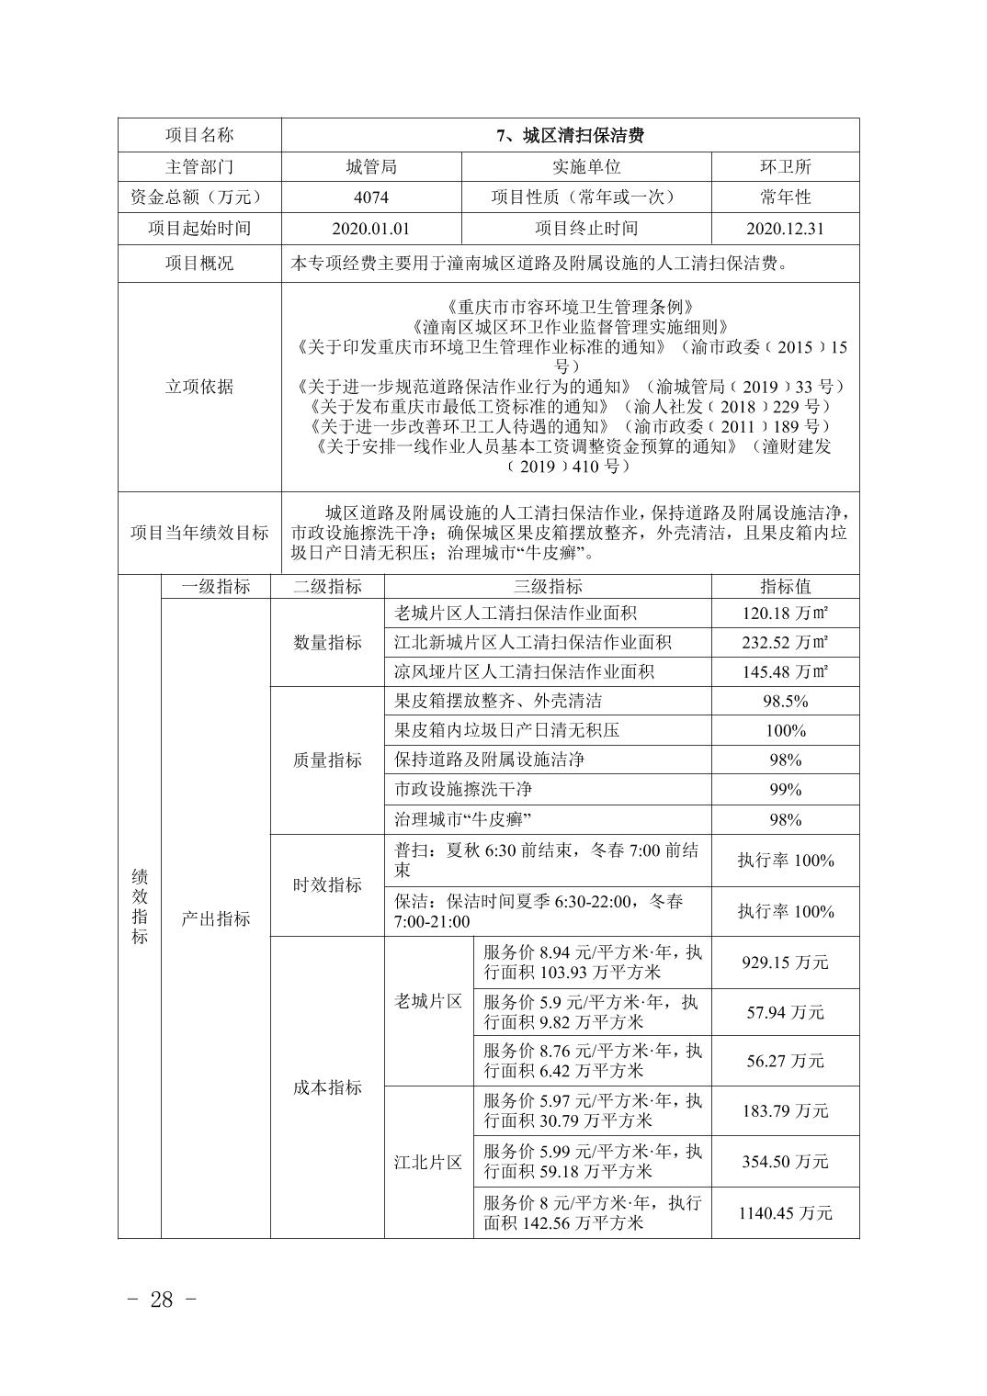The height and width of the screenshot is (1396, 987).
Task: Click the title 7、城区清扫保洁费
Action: [570, 136]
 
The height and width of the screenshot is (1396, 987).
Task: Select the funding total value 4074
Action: [370, 197]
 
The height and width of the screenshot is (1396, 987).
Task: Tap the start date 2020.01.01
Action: [370, 229]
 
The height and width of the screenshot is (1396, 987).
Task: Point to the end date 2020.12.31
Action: [785, 229]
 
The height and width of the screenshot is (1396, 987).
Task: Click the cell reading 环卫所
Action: [785, 166]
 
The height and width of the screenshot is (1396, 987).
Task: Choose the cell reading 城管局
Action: [370, 166]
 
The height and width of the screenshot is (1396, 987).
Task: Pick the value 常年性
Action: [785, 197]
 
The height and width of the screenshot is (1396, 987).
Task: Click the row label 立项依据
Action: [199, 387]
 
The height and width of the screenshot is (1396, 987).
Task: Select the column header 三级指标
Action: [548, 587]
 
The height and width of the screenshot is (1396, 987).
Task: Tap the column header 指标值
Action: [785, 587]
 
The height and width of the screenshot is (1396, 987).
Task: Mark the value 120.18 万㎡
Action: [785, 614]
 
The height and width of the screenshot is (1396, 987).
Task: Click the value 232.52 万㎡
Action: [785, 643]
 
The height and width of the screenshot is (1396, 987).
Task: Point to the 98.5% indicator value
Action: [785, 702]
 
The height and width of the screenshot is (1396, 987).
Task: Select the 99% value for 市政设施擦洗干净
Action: [785, 790]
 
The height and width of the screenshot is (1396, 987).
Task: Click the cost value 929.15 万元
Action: [785, 963]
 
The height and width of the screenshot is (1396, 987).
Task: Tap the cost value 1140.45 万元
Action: [785, 1213]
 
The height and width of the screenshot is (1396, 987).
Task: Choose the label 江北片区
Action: [428, 1163]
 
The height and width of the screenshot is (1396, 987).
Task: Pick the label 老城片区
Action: [428, 1002]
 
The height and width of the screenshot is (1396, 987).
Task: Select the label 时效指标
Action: [327, 885]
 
